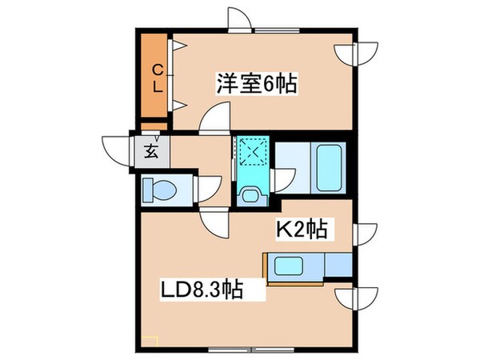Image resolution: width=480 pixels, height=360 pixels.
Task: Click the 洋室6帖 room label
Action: pyautogui.click(x=255, y=82)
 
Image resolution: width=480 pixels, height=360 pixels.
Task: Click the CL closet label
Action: pyautogui.click(x=158, y=78)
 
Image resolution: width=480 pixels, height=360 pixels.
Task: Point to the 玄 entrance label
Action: pyautogui.click(x=150, y=150)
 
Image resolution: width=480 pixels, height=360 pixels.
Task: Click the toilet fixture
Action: pyautogui.click(x=158, y=190)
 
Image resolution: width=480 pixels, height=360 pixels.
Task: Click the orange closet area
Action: pyautogui.click(x=154, y=78)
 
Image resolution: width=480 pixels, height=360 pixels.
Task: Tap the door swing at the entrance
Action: pyautogui.click(x=114, y=150)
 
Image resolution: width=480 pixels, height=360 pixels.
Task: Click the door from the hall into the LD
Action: pyautogui.click(x=214, y=222)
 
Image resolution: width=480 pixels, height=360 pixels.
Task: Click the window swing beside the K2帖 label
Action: pyautogui.click(x=364, y=234)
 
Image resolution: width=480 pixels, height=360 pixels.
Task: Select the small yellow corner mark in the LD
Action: pyautogui.click(x=150, y=340)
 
